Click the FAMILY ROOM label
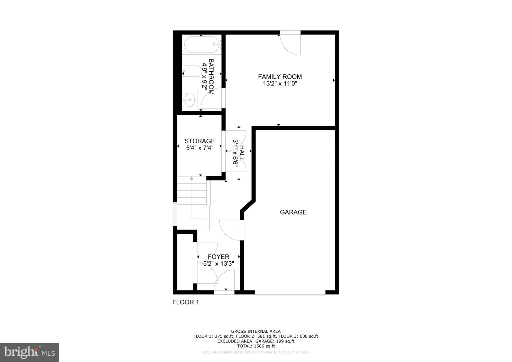(x=280, y=77)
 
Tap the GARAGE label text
(x=293, y=212)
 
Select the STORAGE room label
(x=199, y=141)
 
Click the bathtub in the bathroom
(x=201, y=44)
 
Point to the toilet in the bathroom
(x=193, y=71)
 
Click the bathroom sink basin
(x=189, y=99)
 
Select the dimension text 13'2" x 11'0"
(x=280, y=83)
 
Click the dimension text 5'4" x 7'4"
(x=199, y=148)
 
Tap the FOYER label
(x=218, y=257)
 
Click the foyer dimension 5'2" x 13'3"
(x=218, y=263)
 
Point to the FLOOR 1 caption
(x=185, y=302)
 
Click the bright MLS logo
(x=29, y=352)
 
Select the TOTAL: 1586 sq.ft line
(x=256, y=346)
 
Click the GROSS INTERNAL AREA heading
(x=256, y=331)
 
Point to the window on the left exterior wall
(x=175, y=214)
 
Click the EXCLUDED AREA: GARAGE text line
(x=256, y=341)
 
